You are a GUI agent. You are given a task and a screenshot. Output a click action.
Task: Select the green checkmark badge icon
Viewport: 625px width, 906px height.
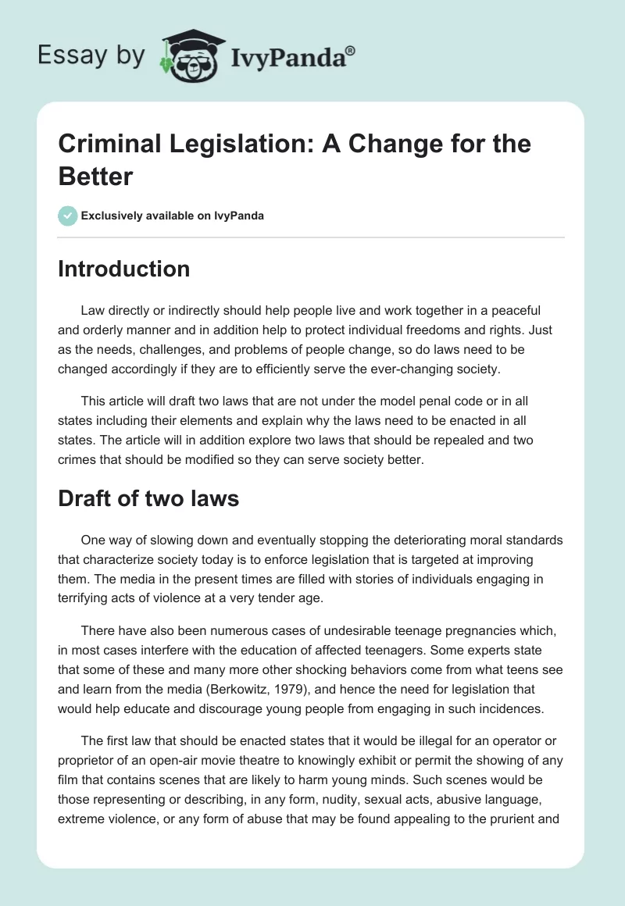(69, 216)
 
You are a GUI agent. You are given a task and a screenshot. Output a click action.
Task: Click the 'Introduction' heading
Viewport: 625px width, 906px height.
(124, 269)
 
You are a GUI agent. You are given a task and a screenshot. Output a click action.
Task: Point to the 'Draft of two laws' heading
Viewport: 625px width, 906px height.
(148, 498)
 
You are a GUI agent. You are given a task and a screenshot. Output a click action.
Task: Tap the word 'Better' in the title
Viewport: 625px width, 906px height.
(95, 177)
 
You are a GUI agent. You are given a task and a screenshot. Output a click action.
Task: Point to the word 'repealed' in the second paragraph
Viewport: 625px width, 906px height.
(418, 440)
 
